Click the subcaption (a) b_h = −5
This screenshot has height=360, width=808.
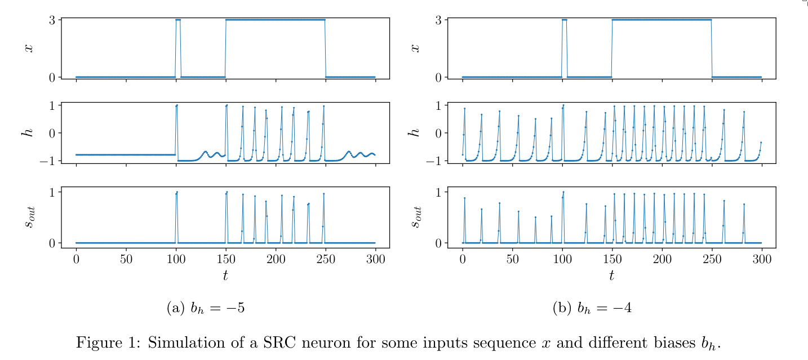(206, 308)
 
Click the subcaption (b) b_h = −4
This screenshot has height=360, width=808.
(592, 308)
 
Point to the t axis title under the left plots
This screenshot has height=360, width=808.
(225, 275)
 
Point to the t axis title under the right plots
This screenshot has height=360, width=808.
(611, 275)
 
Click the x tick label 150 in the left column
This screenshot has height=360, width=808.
(226, 259)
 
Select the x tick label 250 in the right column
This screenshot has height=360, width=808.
(712, 259)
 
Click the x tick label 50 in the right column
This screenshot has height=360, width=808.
(512, 259)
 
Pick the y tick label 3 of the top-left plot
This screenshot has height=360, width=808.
(51, 20)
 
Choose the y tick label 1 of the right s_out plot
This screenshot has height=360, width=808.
(438, 192)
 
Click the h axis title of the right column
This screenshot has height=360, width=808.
(415, 132)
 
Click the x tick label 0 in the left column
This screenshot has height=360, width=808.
(76, 259)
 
